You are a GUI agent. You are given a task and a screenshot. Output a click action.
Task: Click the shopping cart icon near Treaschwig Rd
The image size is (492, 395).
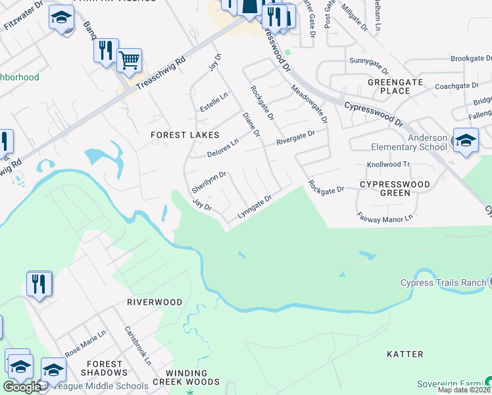point(130,61)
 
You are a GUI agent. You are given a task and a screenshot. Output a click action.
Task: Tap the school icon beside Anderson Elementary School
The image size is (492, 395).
point(466,141)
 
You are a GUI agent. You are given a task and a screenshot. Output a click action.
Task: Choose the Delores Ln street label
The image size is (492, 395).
point(222,149)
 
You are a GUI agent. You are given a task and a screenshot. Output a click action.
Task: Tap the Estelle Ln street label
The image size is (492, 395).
point(214,103)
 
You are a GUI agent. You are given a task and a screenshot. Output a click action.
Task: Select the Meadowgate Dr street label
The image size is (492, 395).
point(309,104)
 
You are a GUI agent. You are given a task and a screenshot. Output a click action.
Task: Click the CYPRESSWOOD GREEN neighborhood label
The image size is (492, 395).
point(395,188)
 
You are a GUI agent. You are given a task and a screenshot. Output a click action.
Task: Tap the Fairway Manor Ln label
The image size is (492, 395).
point(385,216)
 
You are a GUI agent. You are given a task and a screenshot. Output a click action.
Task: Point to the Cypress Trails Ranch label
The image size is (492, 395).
point(443,283)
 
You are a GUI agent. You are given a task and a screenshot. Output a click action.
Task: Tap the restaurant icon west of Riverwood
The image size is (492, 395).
point(39,284)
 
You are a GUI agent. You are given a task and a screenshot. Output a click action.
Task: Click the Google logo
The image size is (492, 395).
point(22,387)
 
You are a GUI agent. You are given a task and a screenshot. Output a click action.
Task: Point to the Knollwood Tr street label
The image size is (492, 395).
point(388,165)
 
